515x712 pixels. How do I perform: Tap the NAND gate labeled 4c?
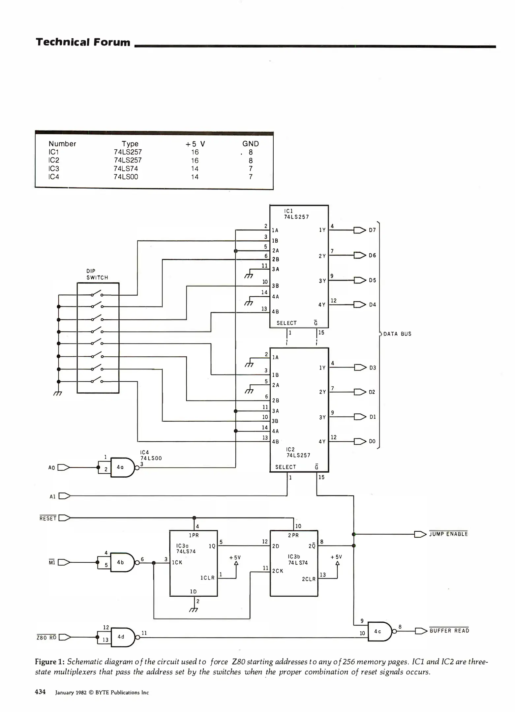(x=379, y=631)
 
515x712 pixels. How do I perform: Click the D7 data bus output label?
(x=372, y=230)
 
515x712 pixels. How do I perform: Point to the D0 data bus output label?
(x=372, y=441)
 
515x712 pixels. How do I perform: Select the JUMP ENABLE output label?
(x=448, y=534)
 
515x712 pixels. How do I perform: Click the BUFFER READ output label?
(x=449, y=631)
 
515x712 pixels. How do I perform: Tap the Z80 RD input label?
(x=46, y=638)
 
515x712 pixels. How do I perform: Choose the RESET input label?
(x=48, y=519)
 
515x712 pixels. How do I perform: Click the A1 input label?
(x=52, y=496)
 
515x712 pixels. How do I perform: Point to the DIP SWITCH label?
(x=97, y=274)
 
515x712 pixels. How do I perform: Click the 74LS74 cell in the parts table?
(x=126, y=168)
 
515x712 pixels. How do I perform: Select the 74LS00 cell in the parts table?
(x=126, y=177)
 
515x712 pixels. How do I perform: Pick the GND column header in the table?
(x=251, y=144)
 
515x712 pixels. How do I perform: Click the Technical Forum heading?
(x=83, y=42)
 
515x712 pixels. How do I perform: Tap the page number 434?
(x=40, y=692)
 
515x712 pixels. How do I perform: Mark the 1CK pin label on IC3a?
(x=177, y=563)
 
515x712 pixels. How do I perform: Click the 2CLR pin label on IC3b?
(x=309, y=579)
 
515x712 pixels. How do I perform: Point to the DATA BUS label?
(x=397, y=334)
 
